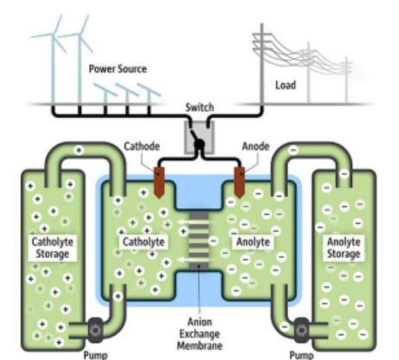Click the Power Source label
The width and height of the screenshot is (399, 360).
coord(117,69)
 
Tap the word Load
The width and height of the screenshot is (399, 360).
coord(285,85)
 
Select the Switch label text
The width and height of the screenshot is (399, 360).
coord(199,107)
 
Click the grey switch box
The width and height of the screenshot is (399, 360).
coord(199,137)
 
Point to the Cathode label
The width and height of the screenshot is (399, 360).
coord(142,146)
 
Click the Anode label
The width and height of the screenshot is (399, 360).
coord(256,146)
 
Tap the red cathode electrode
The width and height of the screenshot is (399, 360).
coord(159,182)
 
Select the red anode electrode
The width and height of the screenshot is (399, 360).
coord(239,182)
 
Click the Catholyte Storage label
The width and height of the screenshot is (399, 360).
coord(53,248)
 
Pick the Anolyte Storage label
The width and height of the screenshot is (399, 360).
coord(344,248)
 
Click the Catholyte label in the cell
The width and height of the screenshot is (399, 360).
coord(143,242)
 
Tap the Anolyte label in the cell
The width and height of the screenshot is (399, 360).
coord(253,242)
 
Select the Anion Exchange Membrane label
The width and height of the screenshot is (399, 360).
coord(199,333)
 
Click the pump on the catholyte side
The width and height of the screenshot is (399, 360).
coord(95,330)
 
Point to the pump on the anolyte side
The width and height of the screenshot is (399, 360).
coord(301,330)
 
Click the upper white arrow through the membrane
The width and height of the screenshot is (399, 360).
coord(193,222)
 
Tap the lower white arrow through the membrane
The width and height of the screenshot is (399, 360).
coord(193,260)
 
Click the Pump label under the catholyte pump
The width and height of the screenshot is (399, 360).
coord(96,355)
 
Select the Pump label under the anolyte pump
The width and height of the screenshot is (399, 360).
coord(301,355)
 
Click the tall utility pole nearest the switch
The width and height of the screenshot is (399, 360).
coord(262,64)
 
